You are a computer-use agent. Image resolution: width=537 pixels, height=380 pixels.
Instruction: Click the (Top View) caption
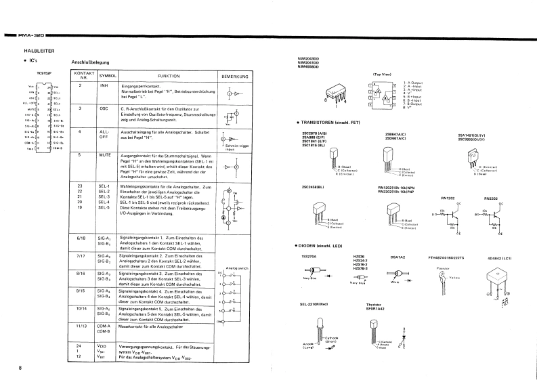coord(382,74)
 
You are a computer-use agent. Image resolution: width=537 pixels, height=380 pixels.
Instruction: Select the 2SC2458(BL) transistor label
coord(313,187)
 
